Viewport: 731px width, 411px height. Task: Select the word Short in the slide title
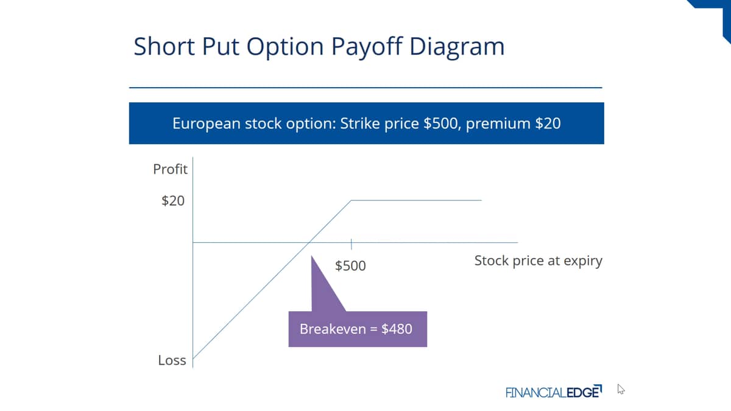(164, 46)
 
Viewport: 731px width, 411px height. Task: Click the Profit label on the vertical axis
(170, 169)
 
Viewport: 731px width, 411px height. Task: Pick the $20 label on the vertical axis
(173, 200)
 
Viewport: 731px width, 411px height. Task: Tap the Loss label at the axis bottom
(172, 360)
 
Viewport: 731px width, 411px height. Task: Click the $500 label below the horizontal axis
(350, 265)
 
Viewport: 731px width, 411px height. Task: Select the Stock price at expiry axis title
(538, 261)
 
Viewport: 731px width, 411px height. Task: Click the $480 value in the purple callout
(397, 329)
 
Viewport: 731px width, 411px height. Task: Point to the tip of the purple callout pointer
(312, 256)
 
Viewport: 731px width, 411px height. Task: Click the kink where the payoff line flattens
(351, 200)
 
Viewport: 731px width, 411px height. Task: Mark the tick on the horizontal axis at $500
(351, 244)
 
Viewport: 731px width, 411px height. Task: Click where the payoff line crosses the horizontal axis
(309, 242)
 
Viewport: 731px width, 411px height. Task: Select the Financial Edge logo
(554, 392)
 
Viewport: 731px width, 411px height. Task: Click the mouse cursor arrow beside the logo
(621, 389)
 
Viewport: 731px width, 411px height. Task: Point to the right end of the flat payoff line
(482, 200)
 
